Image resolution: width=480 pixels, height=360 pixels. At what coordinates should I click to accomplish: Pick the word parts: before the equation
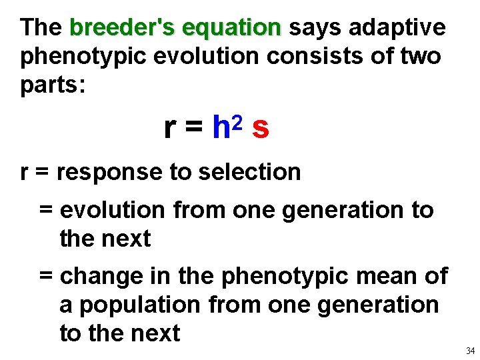click(x=53, y=86)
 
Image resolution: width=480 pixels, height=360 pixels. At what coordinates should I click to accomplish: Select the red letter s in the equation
click(x=261, y=129)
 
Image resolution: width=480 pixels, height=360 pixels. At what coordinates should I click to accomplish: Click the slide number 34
click(x=470, y=351)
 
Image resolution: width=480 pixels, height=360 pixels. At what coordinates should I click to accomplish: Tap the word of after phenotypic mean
click(x=435, y=276)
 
